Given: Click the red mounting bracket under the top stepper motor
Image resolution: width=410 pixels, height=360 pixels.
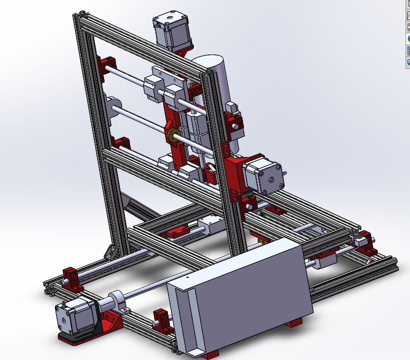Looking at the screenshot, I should pos(184,50).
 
